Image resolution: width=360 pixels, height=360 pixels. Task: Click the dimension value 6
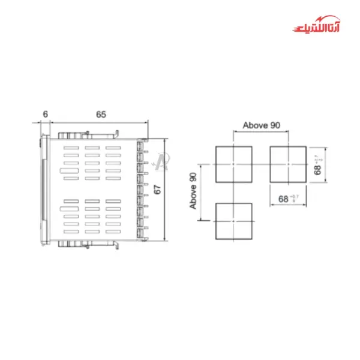45,114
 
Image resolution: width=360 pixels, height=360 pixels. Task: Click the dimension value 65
101,114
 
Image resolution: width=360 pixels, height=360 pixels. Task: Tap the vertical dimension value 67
158,189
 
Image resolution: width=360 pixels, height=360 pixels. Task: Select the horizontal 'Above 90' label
261,125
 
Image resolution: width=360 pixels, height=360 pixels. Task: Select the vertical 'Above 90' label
193,190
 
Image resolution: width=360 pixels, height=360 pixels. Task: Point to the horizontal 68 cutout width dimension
289,199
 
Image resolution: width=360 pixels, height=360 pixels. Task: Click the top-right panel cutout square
289,164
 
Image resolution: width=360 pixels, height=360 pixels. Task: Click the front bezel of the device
43,189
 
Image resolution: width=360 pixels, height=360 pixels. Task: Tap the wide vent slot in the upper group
71,177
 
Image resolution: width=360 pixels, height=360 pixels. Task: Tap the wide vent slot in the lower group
71,201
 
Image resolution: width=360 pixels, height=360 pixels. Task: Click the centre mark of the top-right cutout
289,164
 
